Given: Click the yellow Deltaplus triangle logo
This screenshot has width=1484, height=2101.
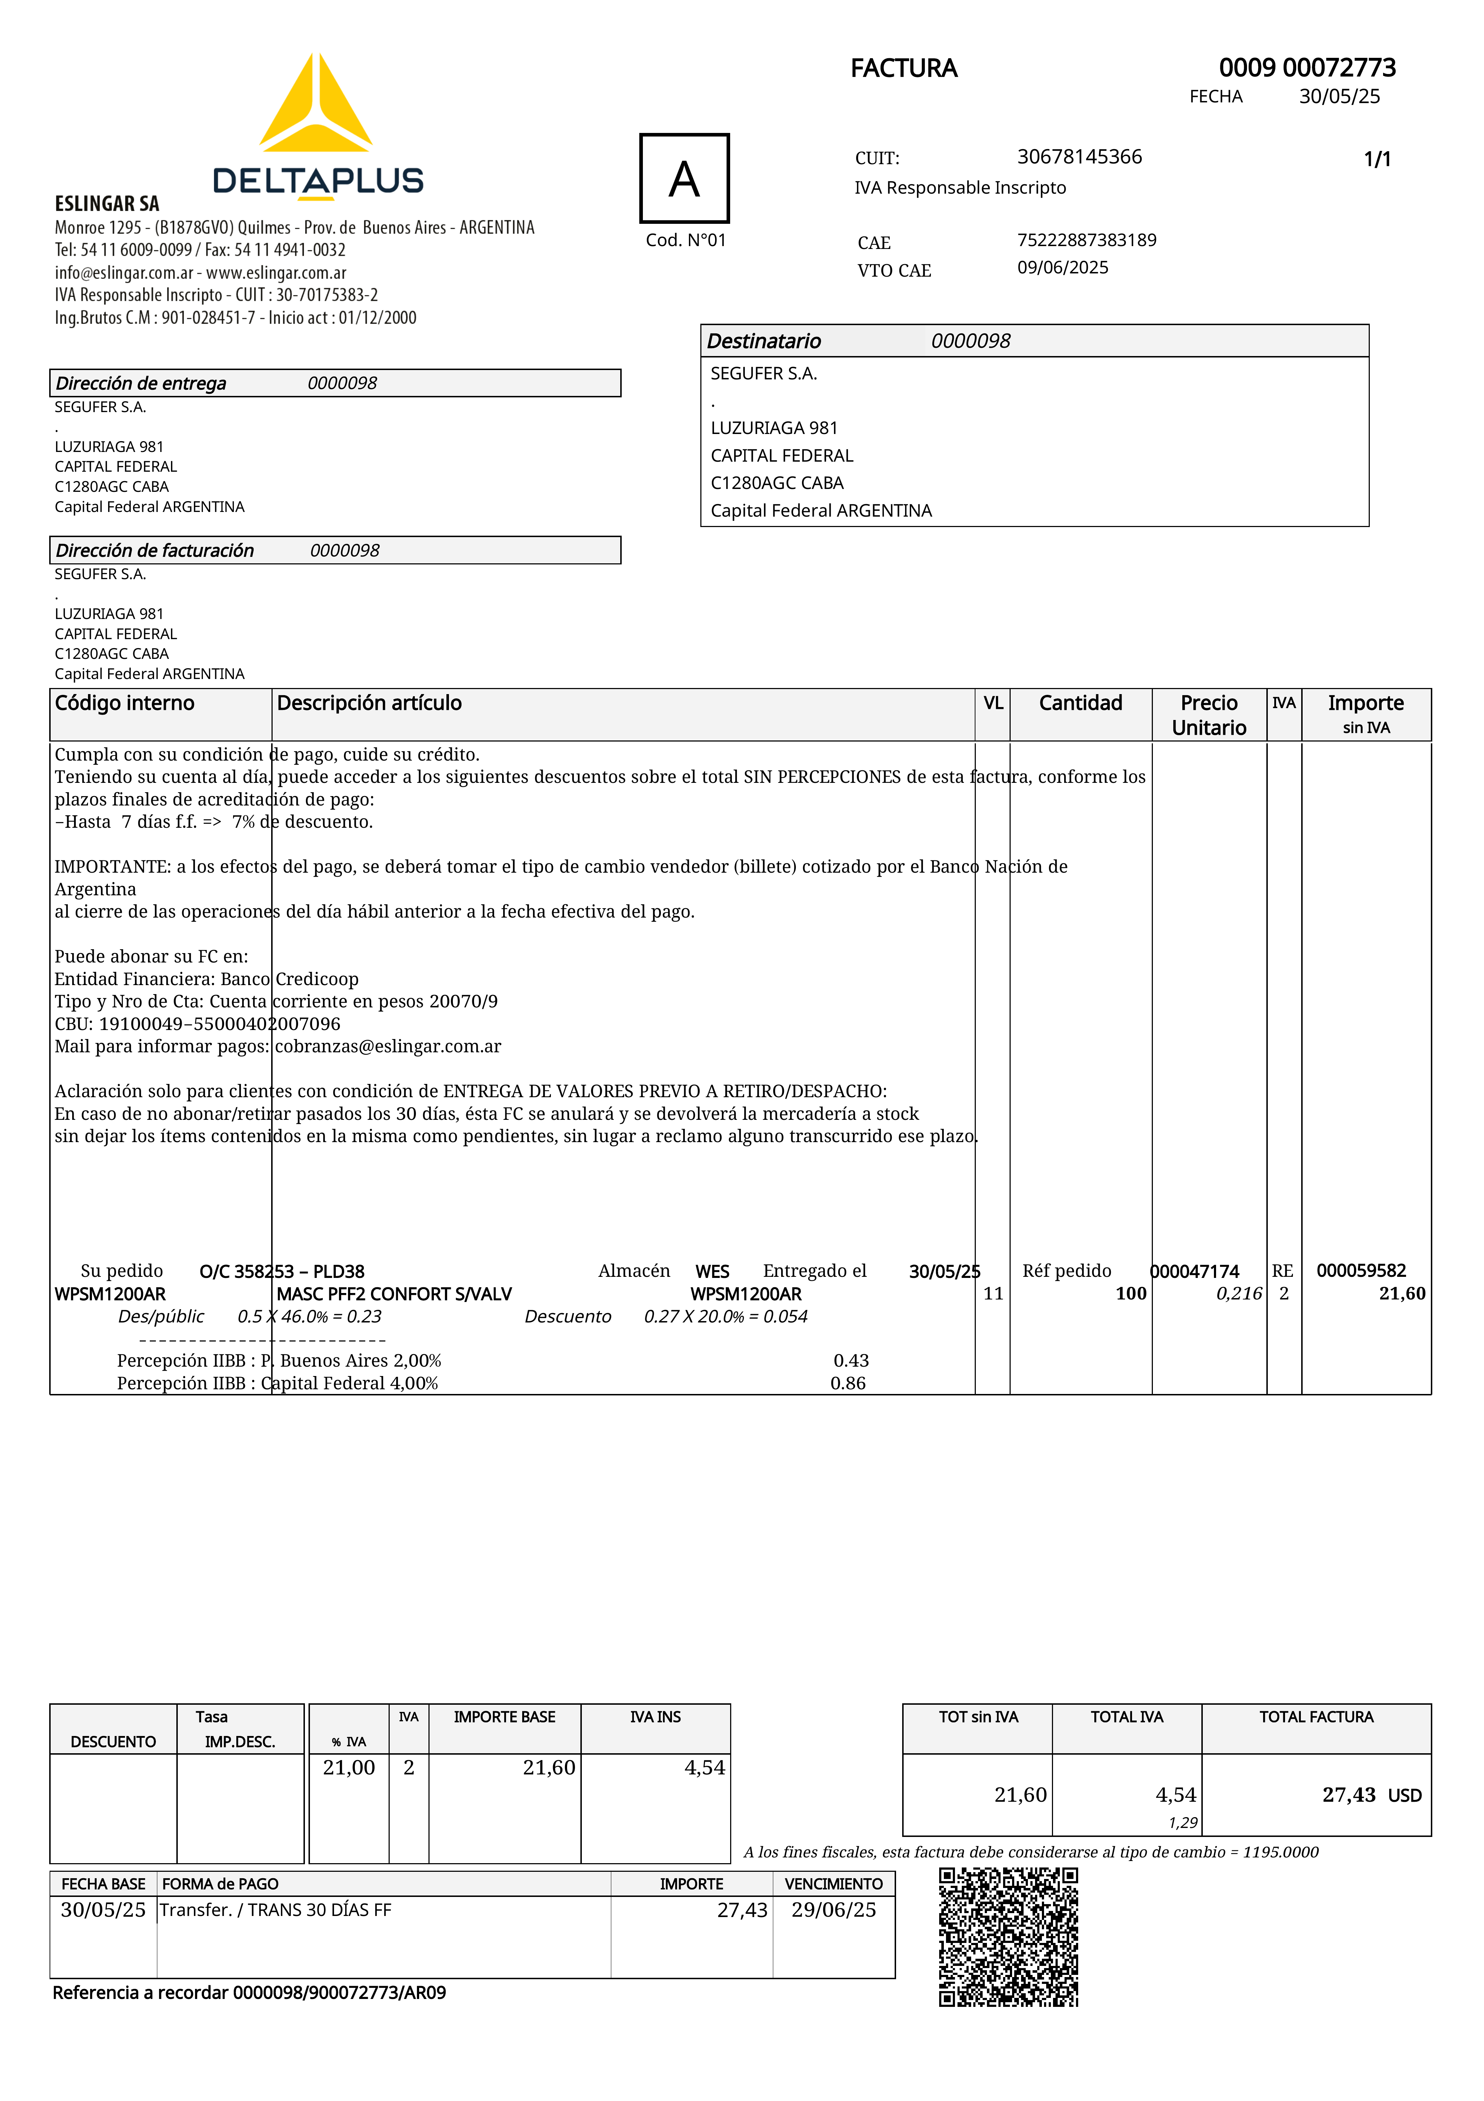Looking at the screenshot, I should [x=316, y=105].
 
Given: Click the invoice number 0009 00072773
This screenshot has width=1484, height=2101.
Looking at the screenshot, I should [x=1307, y=68].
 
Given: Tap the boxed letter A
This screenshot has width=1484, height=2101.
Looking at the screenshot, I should [x=685, y=179].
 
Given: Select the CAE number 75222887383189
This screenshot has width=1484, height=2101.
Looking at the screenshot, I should [x=1086, y=240].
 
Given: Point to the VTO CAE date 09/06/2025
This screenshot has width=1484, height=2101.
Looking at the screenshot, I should [x=1062, y=267].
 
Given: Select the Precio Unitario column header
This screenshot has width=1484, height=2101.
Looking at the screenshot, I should [x=1209, y=715].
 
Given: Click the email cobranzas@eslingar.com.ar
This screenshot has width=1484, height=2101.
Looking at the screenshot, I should [x=388, y=1046].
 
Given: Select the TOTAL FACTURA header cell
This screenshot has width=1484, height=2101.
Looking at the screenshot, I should [x=1316, y=1717].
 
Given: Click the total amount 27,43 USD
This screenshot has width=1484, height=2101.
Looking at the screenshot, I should [x=1371, y=1795].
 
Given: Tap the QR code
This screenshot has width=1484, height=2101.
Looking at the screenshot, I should [x=1008, y=1937].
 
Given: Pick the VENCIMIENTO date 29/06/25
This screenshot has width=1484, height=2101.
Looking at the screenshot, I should [x=834, y=1910].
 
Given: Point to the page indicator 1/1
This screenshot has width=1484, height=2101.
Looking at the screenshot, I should [x=1377, y=159].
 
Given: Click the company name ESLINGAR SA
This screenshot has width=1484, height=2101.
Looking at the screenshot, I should [x=107, y=203].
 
